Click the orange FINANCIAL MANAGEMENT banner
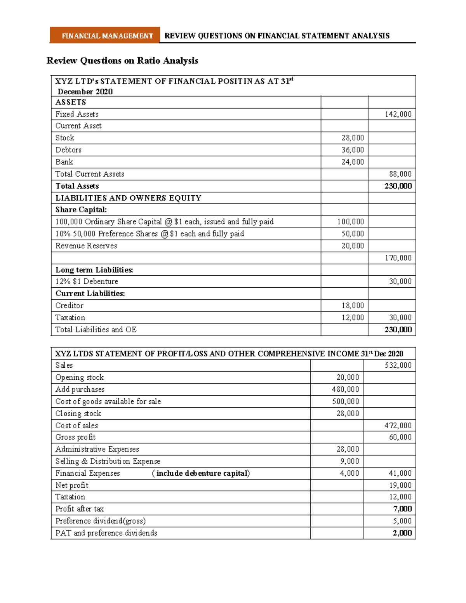click(x=105, y=36)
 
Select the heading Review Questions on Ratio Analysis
click(x=122, y=61)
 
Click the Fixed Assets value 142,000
click(x=398, y=114)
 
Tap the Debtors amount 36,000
click(x=353, y=150)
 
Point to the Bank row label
click(x=64, y=162)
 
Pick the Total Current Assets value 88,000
click(x=400, y=174)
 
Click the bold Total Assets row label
click(x=77, y=186)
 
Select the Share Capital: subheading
click(x=81, y=210)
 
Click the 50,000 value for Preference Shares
click(x=353, y=234)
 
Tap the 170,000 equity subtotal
click(x=398, y=258)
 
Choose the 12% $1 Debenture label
click(x=87, y=282)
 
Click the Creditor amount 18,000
click(x=353, y=306)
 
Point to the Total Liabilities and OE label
click(x=96, y=330)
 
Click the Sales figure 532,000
click(x=398, y=365)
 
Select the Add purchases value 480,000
click(x=345, y=389)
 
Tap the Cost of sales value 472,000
click(x=398, y=426)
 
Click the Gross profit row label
click(x=75, y=437)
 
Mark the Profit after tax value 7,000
click(x=402, y=509)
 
